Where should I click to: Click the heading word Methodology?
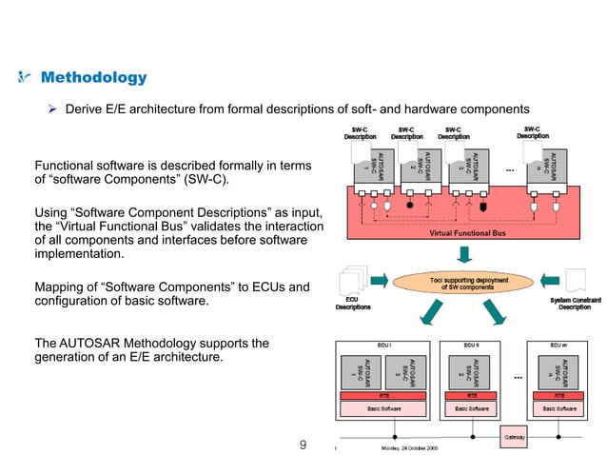pyautogui.click(x=93, y=77)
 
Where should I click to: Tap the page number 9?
pyautogui.click(x=303, y=444)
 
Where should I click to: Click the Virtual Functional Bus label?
pyautogui.click(x=466, y=232)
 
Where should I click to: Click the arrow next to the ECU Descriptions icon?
pyautogui.click(x=377, y=282)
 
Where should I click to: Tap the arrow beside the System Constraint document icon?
pyautogui.click(x=546, y=282)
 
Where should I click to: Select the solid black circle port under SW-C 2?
pyautogui.click(x=409, y=205)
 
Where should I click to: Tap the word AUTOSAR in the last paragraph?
pyautogui.click(x=88, y=342)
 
